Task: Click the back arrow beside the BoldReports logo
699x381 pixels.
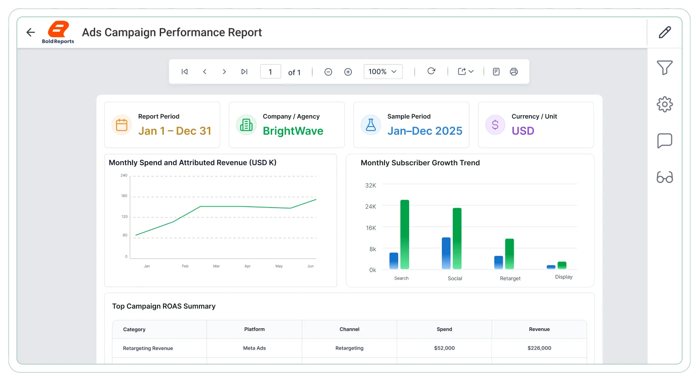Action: (30, 32)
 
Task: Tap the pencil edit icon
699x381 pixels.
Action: (665, 32)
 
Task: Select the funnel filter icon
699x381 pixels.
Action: (665, 67)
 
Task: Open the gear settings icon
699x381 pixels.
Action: (665, 104)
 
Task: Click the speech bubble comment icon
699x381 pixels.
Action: (665, 141)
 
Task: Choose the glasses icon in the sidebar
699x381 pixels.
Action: (665, 177)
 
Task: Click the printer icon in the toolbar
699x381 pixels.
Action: (514, 72)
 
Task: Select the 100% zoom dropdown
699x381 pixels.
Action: (383, 72)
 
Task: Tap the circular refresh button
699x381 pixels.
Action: (431, 71)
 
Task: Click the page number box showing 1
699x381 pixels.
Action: (271, 72)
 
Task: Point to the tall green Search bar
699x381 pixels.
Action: (405, 234)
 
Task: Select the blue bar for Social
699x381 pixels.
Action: (446, 253)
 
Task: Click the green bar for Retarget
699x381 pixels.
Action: (510, 254)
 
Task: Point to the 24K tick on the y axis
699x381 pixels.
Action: (371, 207)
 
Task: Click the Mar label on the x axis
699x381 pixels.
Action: (216, 266)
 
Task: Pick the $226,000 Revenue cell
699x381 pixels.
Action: (539, 348)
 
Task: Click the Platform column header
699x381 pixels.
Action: (254, 329)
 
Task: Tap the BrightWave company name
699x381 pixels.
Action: (293, 131)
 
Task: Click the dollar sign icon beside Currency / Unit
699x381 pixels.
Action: (495, 125)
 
